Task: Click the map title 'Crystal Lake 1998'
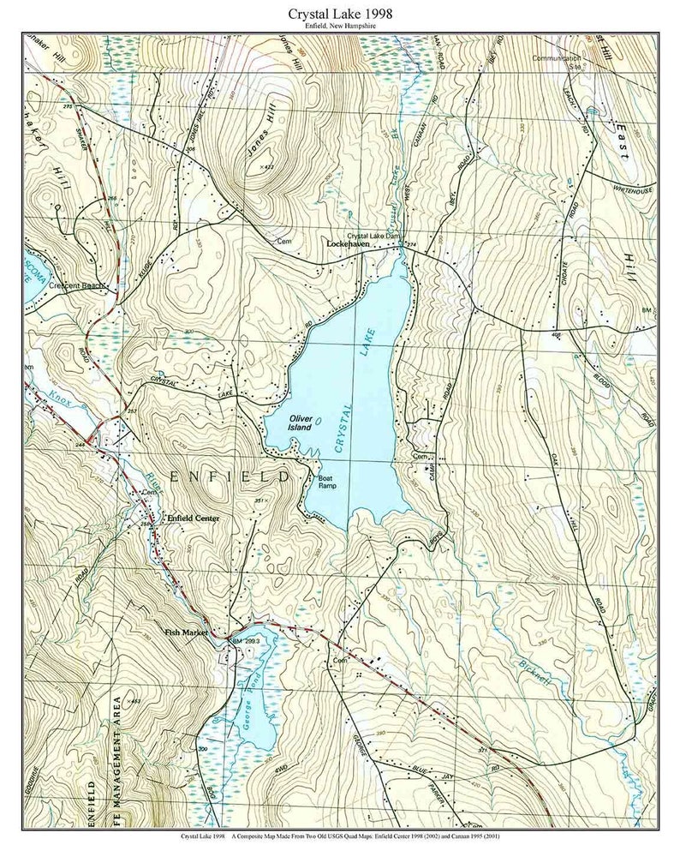[x=339, y=13]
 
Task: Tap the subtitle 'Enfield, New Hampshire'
[x=339, y=26]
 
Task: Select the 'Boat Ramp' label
[x=325, y=482]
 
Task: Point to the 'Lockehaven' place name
[x=347, y=243]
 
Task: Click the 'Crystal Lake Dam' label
[x=373, y=236]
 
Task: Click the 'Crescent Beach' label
[x=75, y=285]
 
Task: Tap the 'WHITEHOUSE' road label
[x=632, y=189]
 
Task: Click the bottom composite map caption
[x=339, y=836]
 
